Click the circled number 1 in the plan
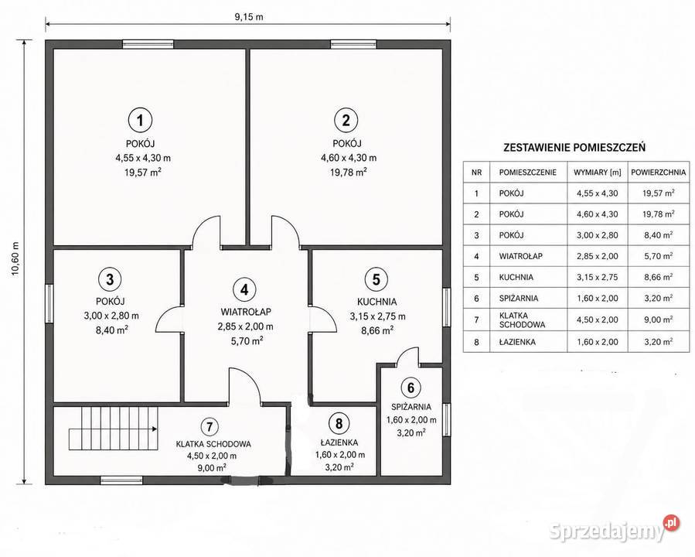tap(140, 120)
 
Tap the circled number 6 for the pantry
tap(411, 388)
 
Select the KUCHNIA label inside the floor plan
tap(376, 302)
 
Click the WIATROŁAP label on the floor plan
tap(246, 312)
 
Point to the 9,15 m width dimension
tap(249, 17)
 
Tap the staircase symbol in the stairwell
tap(113, 429)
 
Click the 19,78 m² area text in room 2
tap(349, 172)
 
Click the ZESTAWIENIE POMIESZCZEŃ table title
tap(574, 147)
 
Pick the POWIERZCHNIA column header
tap(658, 172)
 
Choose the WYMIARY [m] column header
tap(597, 172)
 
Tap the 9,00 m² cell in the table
tap(659, 320)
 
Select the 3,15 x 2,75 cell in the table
tap(597, 277)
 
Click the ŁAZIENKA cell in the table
tap(517, 342)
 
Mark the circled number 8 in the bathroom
tap(339, 423)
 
